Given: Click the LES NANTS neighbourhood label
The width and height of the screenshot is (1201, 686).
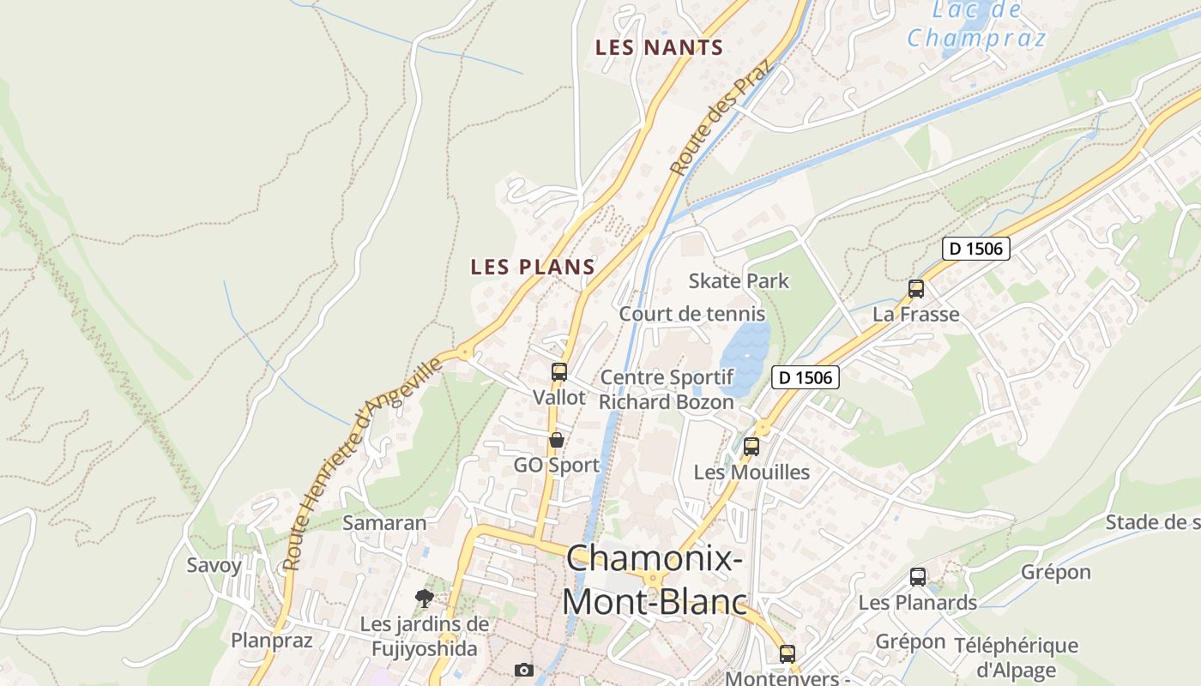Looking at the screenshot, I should (x=659, y=48).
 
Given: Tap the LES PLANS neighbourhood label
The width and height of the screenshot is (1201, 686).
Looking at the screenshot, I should (x=533, y=267).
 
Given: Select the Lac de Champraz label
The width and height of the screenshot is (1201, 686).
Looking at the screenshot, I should (x=976, y=25).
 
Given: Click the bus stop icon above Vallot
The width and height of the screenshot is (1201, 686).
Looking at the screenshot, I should (x=559, y=372).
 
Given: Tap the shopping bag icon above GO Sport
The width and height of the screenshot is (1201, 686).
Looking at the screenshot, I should (x=557, y=440).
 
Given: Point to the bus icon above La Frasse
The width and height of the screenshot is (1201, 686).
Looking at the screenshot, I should (x=916, y=289).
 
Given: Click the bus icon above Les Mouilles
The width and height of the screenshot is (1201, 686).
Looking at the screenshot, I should (x=751, y=446).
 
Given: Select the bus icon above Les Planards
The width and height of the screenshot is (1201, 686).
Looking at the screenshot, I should (x=918, y=577).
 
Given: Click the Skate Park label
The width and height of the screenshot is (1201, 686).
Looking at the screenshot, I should (x=739, y=280).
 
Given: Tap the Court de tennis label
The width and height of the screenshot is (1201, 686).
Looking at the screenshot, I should (x=692, y=314).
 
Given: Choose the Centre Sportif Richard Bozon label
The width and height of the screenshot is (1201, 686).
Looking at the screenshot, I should (x=667, y=389).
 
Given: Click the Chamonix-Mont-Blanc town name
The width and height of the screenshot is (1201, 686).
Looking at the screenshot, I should (x=655, y=581).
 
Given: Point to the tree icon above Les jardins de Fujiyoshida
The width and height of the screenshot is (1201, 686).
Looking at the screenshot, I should (x=424, y=598).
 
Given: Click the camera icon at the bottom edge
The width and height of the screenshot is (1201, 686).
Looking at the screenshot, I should (x=524, y=670).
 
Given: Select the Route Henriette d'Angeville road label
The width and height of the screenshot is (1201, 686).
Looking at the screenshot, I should (x=364, y=463).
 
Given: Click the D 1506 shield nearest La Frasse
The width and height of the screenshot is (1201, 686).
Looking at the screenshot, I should (x=976, y=250).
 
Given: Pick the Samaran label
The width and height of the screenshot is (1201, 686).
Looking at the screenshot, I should (x=384, y=522).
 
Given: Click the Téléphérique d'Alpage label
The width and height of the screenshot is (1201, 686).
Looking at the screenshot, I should (x=1016, y=657).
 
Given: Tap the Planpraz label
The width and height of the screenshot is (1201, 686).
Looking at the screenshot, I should (x=272, y=640).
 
